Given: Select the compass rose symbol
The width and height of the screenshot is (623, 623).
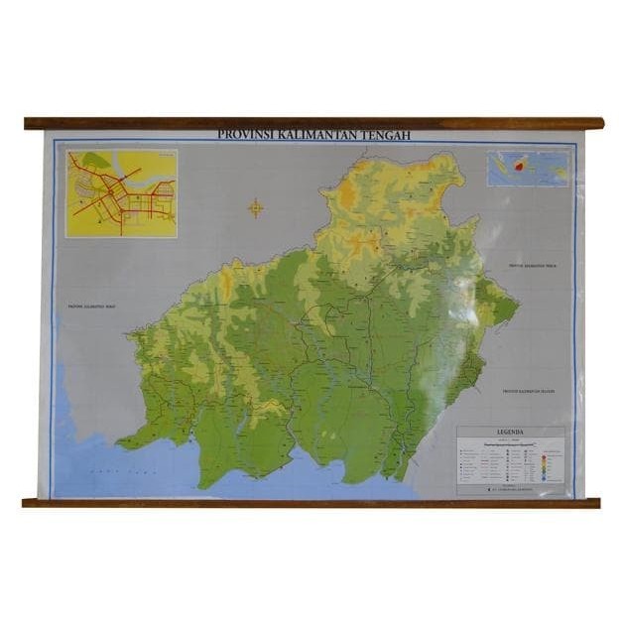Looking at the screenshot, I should pos(255,207).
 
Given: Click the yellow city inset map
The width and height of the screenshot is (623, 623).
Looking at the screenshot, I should pos(121,193).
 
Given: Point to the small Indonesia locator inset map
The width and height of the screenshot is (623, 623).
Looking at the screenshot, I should pos(528,168).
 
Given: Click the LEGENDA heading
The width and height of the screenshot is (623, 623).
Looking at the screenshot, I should pos(510,432).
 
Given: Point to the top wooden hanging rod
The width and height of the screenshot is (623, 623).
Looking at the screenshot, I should pos(313,124).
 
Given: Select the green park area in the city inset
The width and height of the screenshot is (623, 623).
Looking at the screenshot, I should pos(95,160).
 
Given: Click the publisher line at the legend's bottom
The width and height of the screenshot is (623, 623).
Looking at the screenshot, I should pos(510,489).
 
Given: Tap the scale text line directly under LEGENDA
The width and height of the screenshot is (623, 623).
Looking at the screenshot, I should pos(510,438).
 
